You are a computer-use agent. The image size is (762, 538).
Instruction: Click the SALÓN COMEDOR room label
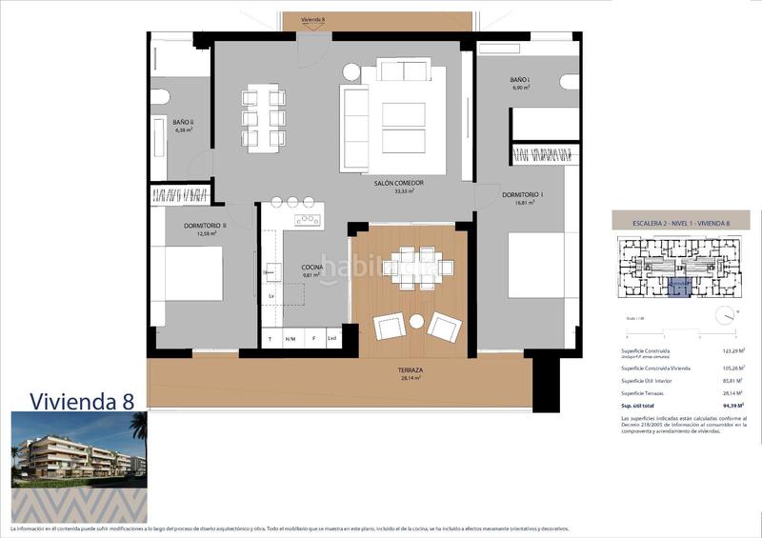click(398, 183)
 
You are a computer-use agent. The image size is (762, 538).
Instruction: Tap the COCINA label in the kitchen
click(313, 268)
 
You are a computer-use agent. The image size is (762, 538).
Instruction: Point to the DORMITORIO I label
click(522, 196)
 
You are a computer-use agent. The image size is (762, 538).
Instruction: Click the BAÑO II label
click(183, 123)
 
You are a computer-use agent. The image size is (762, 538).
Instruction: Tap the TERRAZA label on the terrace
click(411, 370)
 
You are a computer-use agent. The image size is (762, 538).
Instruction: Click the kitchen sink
click(308, 220)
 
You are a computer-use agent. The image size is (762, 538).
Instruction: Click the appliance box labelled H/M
click(291, 339)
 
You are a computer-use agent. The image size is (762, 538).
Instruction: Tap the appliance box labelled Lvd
click(331, 339)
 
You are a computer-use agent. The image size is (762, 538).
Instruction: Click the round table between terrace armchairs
click(416, 323)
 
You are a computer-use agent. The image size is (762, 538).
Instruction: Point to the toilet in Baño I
click(570, 82)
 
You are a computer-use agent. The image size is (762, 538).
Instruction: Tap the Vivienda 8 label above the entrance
click(312, 19)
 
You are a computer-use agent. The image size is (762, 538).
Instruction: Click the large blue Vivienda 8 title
click(81, 400)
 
